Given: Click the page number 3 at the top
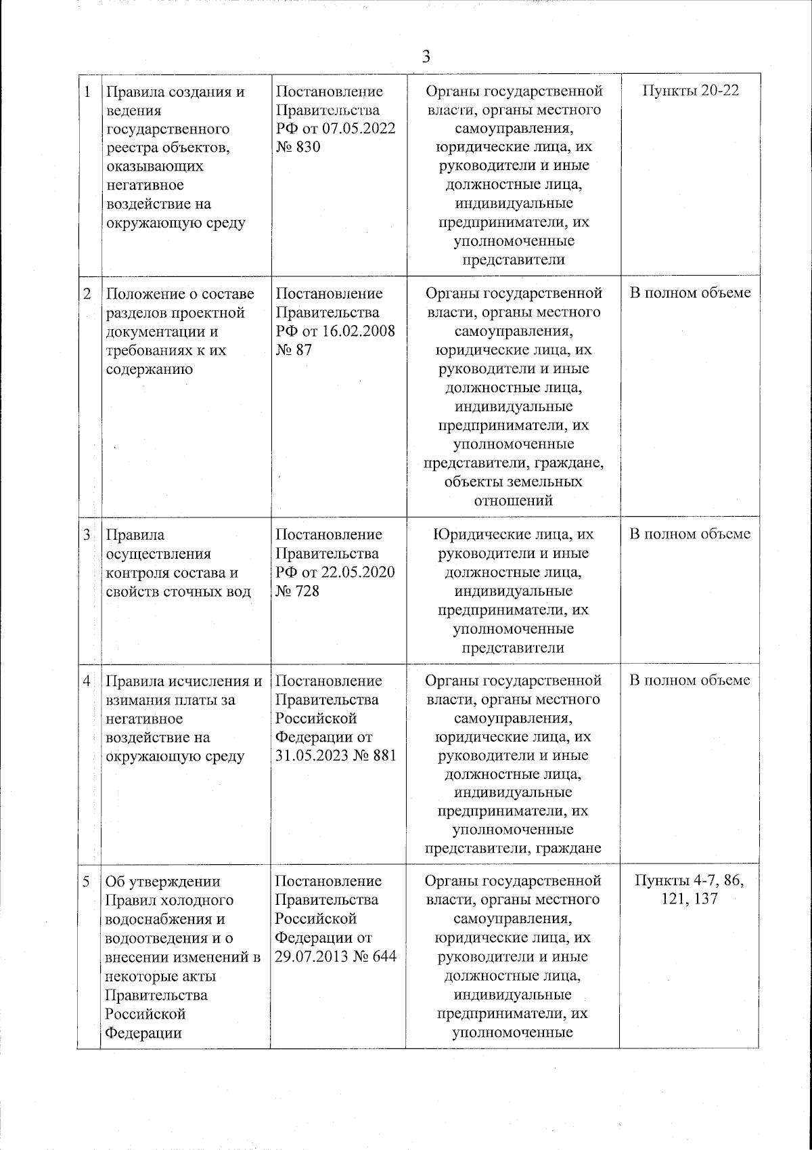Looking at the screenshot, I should click(x=426, y=56).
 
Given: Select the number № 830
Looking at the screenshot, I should click(x=298, y=147).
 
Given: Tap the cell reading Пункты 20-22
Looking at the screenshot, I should click(x=690, y=91).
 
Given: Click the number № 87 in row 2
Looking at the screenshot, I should click(x=294, y=350).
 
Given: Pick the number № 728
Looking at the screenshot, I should click(x=298, y=591).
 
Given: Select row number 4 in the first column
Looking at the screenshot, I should click(x=87, y=681).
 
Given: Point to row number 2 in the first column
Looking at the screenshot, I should click(x=87, y=294).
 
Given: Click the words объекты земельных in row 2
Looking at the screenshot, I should click(x=514, y=482).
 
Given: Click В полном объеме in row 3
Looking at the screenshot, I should click(x=690, y=534).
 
